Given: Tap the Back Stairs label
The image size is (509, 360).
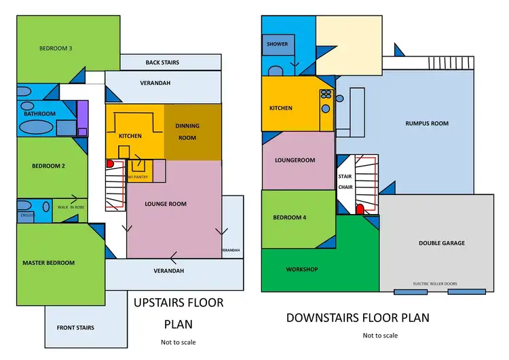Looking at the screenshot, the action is pyautogui.click(x=162, y=62).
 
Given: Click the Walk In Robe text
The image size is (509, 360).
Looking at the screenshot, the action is pyautogui.click(x=71, y=207).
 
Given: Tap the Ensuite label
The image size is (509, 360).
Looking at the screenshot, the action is pyautogui.click(x=26, y=217).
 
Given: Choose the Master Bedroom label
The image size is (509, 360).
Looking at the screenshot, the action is pyautogui.click(x=48, y=263).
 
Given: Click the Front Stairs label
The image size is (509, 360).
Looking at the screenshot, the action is pyautogui.click(x=75, y=327).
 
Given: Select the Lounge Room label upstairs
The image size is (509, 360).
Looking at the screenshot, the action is pyautogui.click(x=166, y=204).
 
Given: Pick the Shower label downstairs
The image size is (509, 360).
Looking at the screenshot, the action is pyautogui.click(x=277, y=44).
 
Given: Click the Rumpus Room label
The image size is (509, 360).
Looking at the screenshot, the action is pyautogui.click(x=427, y=124).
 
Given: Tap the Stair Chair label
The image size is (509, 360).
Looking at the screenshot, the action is pyautogui.click(x=345, y=181).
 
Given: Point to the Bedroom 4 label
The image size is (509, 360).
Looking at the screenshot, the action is pyautogui.click(x=288, y=217).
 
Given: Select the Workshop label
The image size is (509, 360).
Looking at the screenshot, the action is pyautogui.click(x=302, y=270).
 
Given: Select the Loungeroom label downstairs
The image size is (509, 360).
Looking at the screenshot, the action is pyautogui.click(x=295, y=161).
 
